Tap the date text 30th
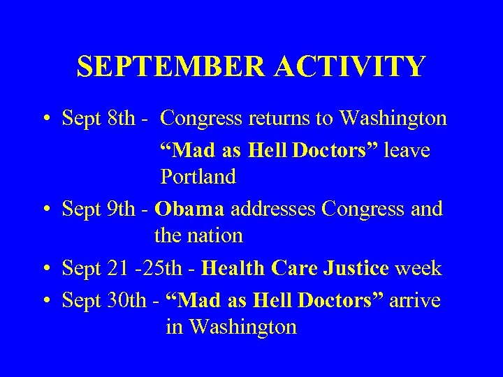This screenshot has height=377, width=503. pos(129,300)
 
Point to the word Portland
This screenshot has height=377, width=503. pos(198,177)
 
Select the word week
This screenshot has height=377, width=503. pos(418,267)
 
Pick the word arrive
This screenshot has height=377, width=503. pos(415,300)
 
